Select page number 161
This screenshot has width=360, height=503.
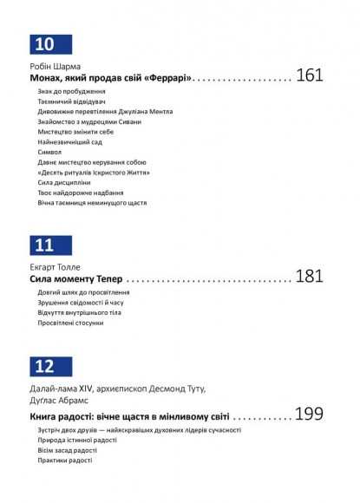[x=309, y=75]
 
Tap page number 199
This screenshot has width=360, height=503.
[x=309, y=414]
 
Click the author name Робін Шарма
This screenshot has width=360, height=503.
[x=53, y=66]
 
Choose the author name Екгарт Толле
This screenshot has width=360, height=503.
[x=56, y=267]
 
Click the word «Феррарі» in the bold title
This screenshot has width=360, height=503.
[x=167, y=78]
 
